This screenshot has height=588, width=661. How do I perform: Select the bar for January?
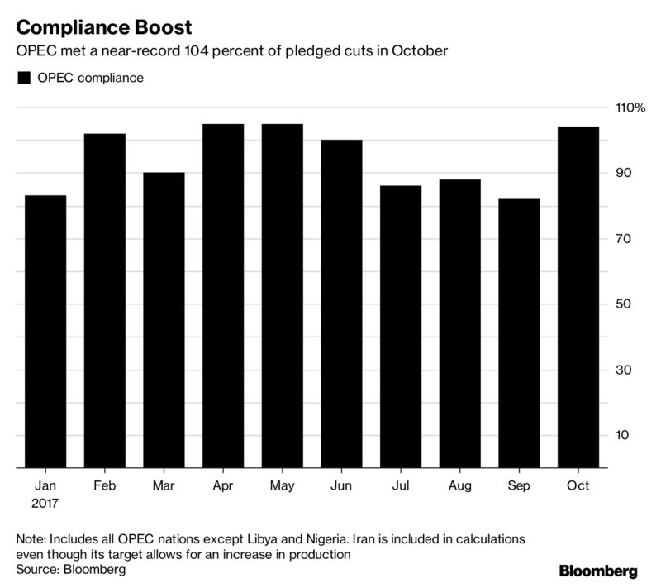pyautogui.click(x=45, y=332)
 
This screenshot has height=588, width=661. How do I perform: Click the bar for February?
pyautogui.click(x=105, y=301)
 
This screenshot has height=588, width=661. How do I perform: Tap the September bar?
pyautogui.click(x=519, y=333)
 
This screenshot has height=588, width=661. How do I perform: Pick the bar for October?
pyautogui.click(x=578, y=298)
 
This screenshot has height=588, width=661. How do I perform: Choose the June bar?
pyautogui.click(x=341, y=304)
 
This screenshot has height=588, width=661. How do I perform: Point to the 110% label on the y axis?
pyautogui.click(x=630, y=108)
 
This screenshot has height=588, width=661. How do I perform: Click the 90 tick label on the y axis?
pyautogui.click(x=624, y=173)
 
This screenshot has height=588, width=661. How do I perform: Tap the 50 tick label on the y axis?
pyautogui.click(x=624, y=304)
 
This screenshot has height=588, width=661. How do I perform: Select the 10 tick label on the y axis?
pyautogui.click(x=623, y=435)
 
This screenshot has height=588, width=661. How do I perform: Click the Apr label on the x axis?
pyautogui.click(x=222, y=486)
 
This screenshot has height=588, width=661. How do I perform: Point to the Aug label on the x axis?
pyautogui.click(x=459, y=486)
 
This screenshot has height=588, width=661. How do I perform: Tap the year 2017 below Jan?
pyautogui.click(x=45, y=503)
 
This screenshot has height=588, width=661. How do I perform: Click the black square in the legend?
pyautogui.click(x=24, y=78)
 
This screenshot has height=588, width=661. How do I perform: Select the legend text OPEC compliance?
pyautogui.click(x=91, y=78)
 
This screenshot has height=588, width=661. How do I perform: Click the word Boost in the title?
pyautogui.click(x=163, y=28)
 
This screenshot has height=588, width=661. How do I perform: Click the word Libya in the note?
pyautogui.click(x=263, y=539)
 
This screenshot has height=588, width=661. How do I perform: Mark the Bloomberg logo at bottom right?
pyautogui.click(x=598, y=571)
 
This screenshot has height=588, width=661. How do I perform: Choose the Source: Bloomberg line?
pyautogui.click(x=71, y=570)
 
